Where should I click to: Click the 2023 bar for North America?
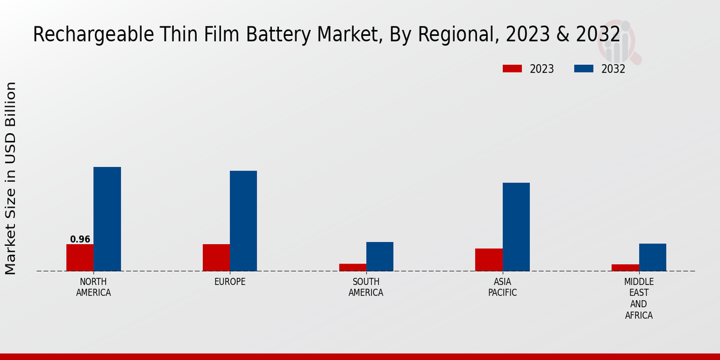coord(80,257)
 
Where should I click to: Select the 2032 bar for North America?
coord(107,219)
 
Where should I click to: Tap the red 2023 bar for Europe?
coord(216,257)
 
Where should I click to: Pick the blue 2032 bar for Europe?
coord(243,221)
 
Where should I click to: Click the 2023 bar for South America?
coord(352,267)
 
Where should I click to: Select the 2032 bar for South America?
coord(380,256)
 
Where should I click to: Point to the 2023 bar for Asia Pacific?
coord(488,260)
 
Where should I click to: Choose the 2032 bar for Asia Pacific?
coord(516,227)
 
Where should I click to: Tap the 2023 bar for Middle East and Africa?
coord(625,268)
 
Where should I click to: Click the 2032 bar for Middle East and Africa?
coord(652,257)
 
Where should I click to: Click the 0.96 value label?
coord(80,239)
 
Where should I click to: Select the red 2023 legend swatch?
coord(512,69)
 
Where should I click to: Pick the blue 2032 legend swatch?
coord(584,69)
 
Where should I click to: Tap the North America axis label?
coord(94,287)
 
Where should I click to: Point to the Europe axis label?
coord(230,282)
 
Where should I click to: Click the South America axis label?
coord(366,287)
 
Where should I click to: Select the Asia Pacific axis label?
coord(502,287)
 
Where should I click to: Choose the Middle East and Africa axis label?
coord(638,298)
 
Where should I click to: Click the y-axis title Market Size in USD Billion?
coord(11,178)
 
